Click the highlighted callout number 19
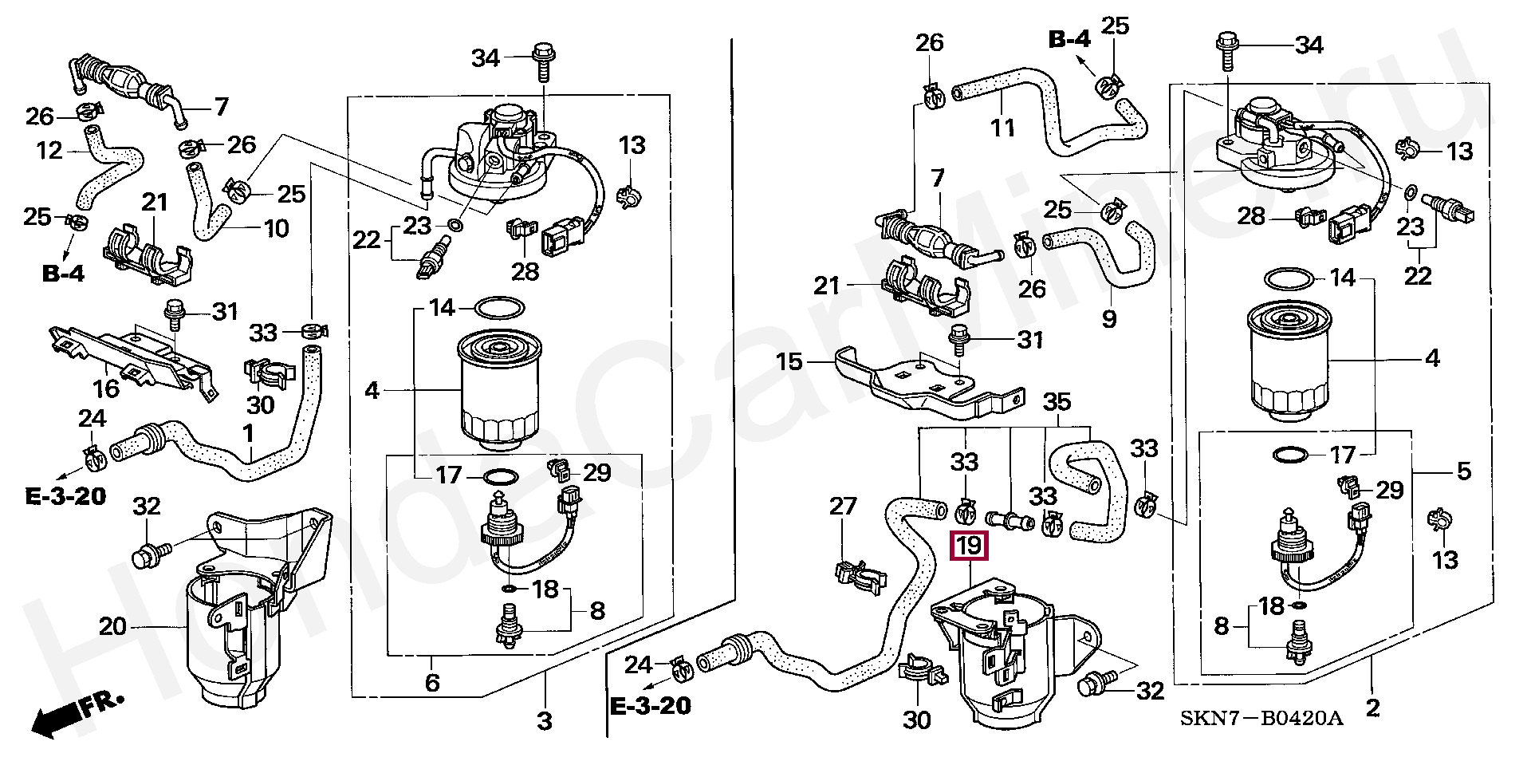tap(969, 546)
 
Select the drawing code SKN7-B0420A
tap(1261, 719)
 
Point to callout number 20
tap(112, 626)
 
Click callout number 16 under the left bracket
tap(106, 388)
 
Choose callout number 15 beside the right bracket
tap(789, 361)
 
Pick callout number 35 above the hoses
tap(1057, 402)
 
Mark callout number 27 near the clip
tap(843, 506)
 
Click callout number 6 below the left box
tap(431, 682)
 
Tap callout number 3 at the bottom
tap(544, 721)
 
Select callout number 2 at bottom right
tap(1372, 708)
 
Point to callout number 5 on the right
tap(1464, 471)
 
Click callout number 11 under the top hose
tap(1002, 127)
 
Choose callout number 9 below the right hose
tap(1109, 318)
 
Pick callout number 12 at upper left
tap(49, 150)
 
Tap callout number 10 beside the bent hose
tap(276, 229)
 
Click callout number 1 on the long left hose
tap(248, 433)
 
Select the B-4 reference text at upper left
tap(64, 274)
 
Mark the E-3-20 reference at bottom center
tap(651, 706)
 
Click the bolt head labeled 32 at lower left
tap(145, 555)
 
